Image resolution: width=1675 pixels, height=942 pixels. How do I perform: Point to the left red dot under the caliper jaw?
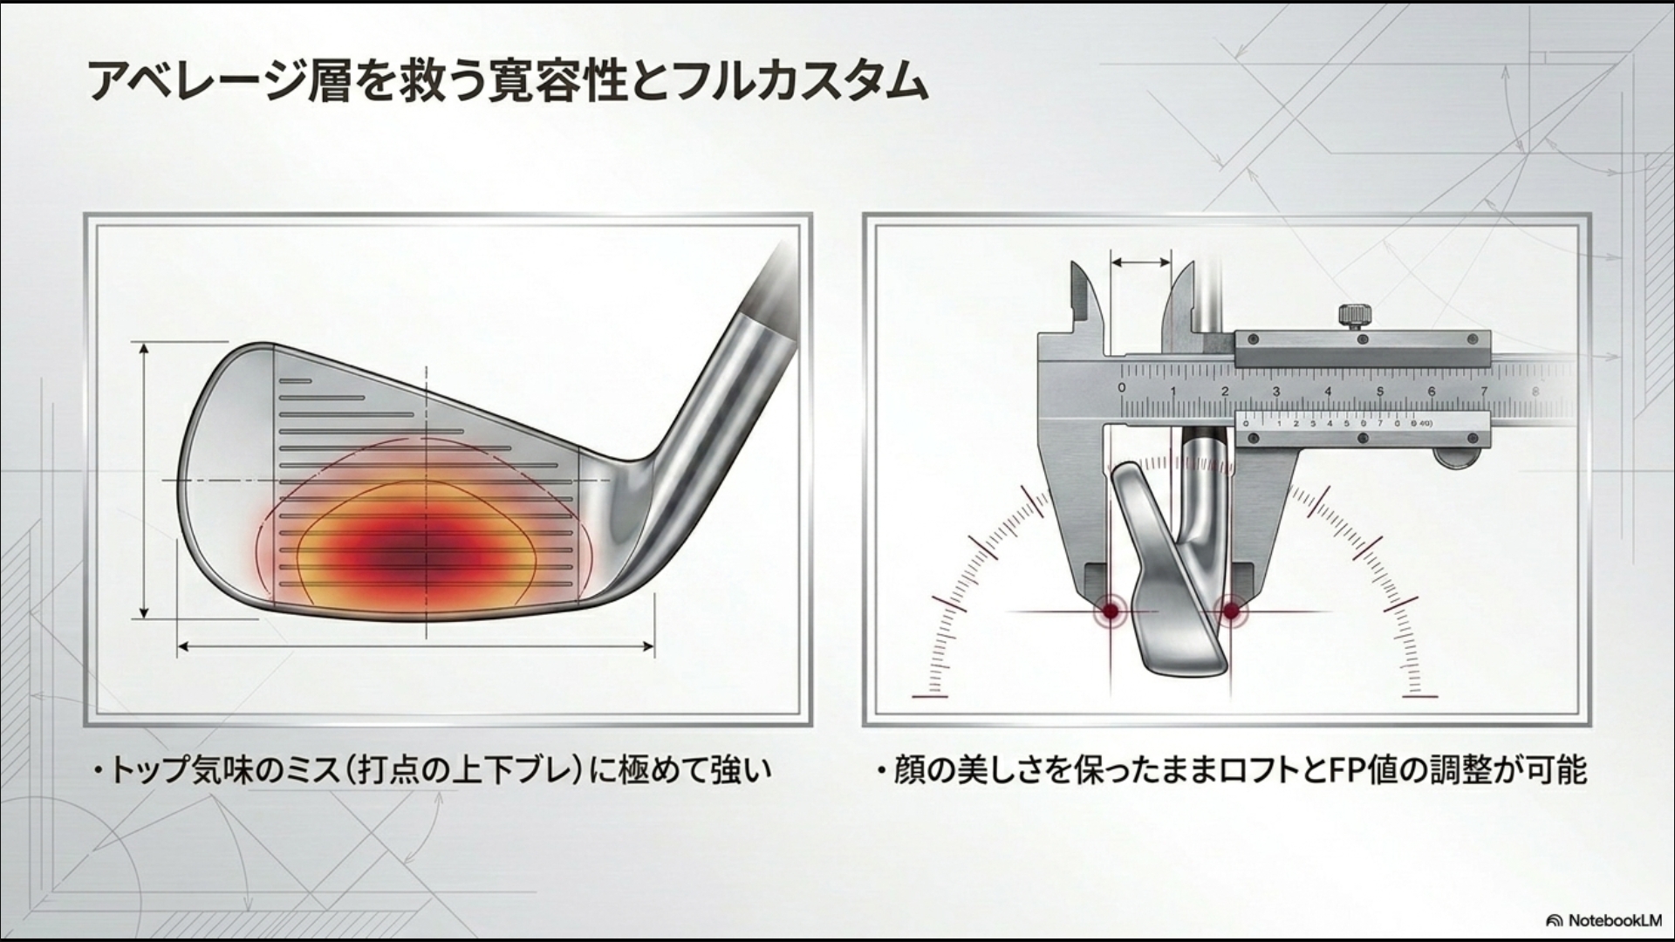[1111, 611]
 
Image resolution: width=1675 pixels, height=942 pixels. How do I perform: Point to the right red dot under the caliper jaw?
[1230, 611]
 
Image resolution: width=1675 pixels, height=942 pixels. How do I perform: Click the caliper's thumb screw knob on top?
[1352, 316]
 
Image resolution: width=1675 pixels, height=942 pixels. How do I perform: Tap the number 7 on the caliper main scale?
[1483, 392]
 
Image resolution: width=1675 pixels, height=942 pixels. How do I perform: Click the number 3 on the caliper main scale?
[1276, 392]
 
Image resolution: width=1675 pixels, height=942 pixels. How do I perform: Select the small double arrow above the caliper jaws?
[1141, 261]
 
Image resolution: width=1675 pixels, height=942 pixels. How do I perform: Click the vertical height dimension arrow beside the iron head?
[145, 481]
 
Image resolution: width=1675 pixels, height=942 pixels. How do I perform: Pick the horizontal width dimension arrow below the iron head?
[416, 646]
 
